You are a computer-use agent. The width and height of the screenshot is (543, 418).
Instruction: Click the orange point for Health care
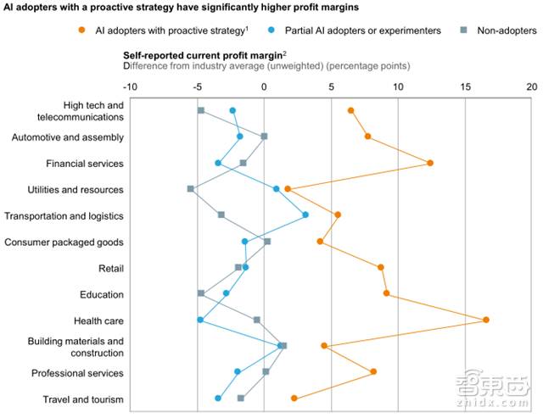tap(486, 320)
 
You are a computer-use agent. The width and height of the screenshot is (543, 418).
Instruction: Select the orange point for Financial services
tap(430, 163)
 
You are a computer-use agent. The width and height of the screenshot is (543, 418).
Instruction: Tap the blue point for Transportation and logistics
tap(305, 215)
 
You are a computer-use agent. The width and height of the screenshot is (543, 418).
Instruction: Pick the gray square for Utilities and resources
tap(190, 188)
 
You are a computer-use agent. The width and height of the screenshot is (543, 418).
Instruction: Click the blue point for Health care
tap(200, 320)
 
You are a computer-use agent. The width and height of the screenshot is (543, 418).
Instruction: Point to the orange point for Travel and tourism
tap(294, 398)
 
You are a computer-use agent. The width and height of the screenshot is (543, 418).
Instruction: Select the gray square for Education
tap(201, 293)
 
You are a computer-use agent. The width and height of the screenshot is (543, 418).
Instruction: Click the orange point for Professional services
tap(373, 371)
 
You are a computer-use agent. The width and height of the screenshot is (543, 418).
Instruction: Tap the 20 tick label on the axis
tap(532, 86)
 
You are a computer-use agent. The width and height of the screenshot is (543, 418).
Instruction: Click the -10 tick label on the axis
tap(130, 86)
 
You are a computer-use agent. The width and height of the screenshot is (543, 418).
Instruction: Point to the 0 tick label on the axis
tap(264, 86)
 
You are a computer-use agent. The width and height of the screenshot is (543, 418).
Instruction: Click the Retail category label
tap(110, 268)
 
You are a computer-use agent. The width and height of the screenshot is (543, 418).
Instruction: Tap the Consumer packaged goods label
tap(64, 242)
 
